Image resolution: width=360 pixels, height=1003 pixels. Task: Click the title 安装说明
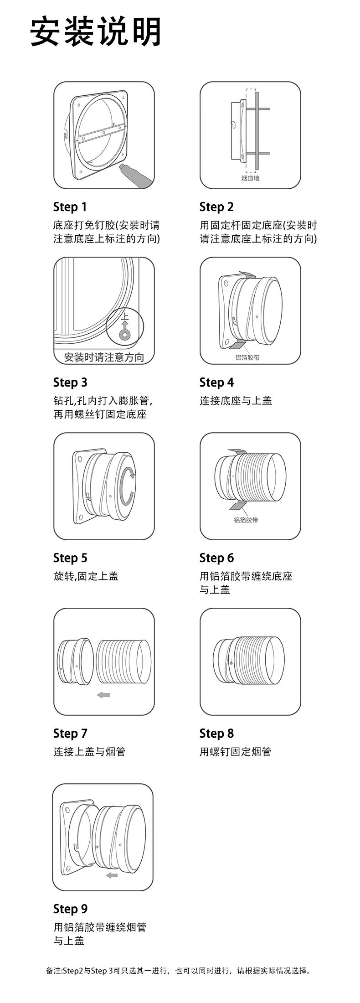96,32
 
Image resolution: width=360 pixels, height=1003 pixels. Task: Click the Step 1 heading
70,207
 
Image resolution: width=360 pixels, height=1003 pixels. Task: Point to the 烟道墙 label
250,178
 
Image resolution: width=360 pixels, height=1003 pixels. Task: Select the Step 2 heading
216,207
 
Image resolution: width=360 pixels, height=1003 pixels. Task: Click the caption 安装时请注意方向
104,357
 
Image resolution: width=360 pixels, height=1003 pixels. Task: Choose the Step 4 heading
216,383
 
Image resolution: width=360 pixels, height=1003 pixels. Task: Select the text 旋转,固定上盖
86,576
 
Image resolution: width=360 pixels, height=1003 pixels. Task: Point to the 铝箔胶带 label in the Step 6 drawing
246,520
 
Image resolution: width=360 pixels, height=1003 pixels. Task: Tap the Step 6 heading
216,558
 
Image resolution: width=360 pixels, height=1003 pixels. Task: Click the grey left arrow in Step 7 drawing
104,695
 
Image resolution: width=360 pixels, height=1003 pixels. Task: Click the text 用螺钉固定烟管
235,752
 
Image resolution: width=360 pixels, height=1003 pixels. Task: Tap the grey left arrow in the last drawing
111,875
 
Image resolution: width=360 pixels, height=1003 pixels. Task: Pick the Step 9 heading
70,909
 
